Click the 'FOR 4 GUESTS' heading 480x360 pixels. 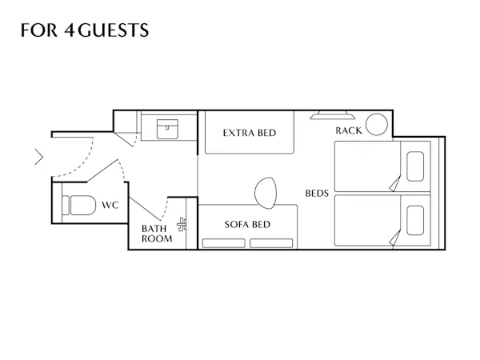pos(85,30)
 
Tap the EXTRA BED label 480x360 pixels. pos(250,133)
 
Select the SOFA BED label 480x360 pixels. pos(247,224)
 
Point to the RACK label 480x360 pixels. pos(349,130)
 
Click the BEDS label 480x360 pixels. pos(317,193)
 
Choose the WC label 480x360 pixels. pos(110,205)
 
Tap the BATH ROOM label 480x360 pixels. pos(157,234)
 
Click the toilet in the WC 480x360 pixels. pos(79,205)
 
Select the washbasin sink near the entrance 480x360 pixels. pos(167,129)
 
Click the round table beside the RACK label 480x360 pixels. pos(377,124)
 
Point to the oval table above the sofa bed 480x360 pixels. pos(266,193)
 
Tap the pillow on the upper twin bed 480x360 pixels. pos(415,166)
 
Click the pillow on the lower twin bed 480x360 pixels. pos(415,221)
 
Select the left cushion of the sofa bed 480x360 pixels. pos(224,243)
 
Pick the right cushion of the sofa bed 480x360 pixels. pos(271,243)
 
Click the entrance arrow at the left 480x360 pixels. pos(39,157)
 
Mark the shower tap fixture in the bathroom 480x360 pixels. pos(182,224)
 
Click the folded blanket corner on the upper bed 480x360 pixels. pos(395,184)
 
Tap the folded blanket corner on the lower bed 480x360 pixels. pos(395,238)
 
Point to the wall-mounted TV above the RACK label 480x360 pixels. pos(333,114)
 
